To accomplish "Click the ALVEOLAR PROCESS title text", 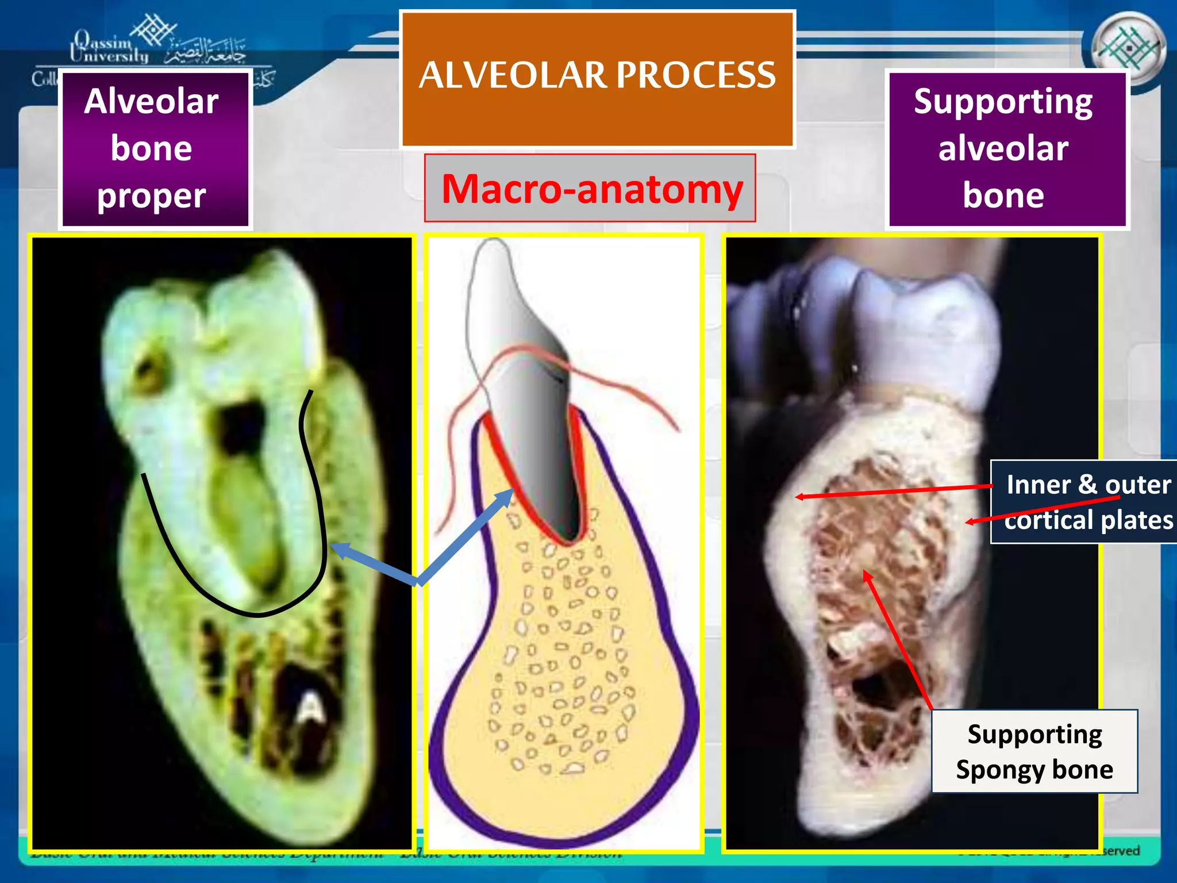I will (x=597, y=75).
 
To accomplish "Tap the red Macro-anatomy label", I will (x=592, y=189).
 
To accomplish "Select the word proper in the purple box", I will (x=151, y=197).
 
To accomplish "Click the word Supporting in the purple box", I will (x=1003, y=102).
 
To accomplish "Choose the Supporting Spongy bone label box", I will (x=1034, y=751).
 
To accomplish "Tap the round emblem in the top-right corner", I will (x=1128, y=48).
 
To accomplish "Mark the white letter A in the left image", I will (x=312, y=707).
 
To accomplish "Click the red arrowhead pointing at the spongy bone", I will (x=867, y=575).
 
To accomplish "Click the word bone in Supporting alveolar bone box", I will (x=1003, y=195).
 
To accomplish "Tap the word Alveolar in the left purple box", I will (x=151, y=102).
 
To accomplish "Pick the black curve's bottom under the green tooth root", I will (x=259, y=615).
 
